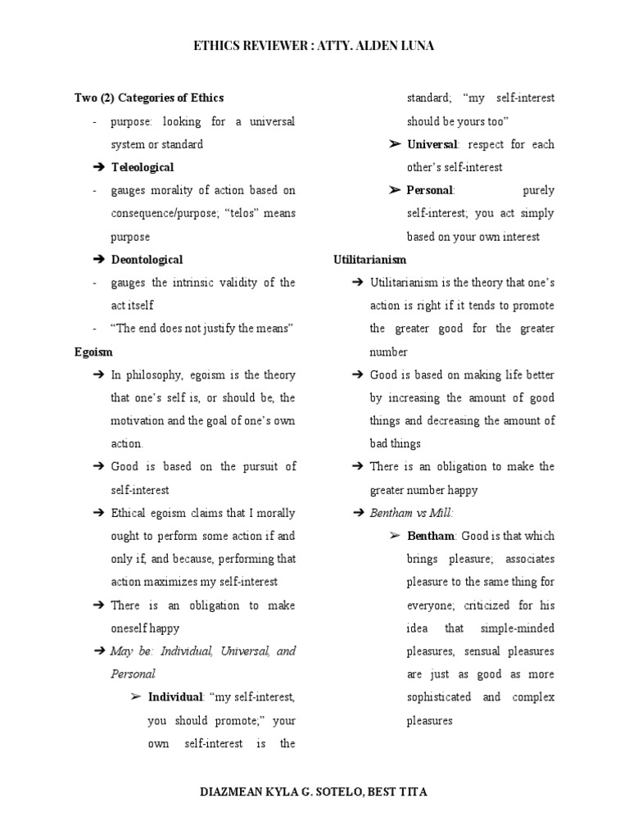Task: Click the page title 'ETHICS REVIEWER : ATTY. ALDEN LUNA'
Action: (x=314, y=46)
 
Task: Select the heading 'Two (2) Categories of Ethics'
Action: (x=149, y=98)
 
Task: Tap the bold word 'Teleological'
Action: (x=143, y=167)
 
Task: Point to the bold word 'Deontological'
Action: (x=147, y=260)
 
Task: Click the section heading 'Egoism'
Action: (x=93, y=352)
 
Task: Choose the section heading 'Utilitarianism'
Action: (x=369, y=260)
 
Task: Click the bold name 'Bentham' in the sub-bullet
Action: (x=431, y=536)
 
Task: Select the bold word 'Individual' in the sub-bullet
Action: (x=175, y=697)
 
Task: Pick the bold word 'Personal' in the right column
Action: (x=430, y=190)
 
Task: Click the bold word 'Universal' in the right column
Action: (x=432, y=144)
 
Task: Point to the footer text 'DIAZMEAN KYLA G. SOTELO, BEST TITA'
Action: (x=314, y=792)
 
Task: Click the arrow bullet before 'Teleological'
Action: (x=99, y=167)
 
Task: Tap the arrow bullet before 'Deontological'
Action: (x=99, y=260)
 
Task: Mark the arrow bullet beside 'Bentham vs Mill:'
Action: (x=357, y=513)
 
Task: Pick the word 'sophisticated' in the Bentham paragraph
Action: (x=438, y=697)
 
